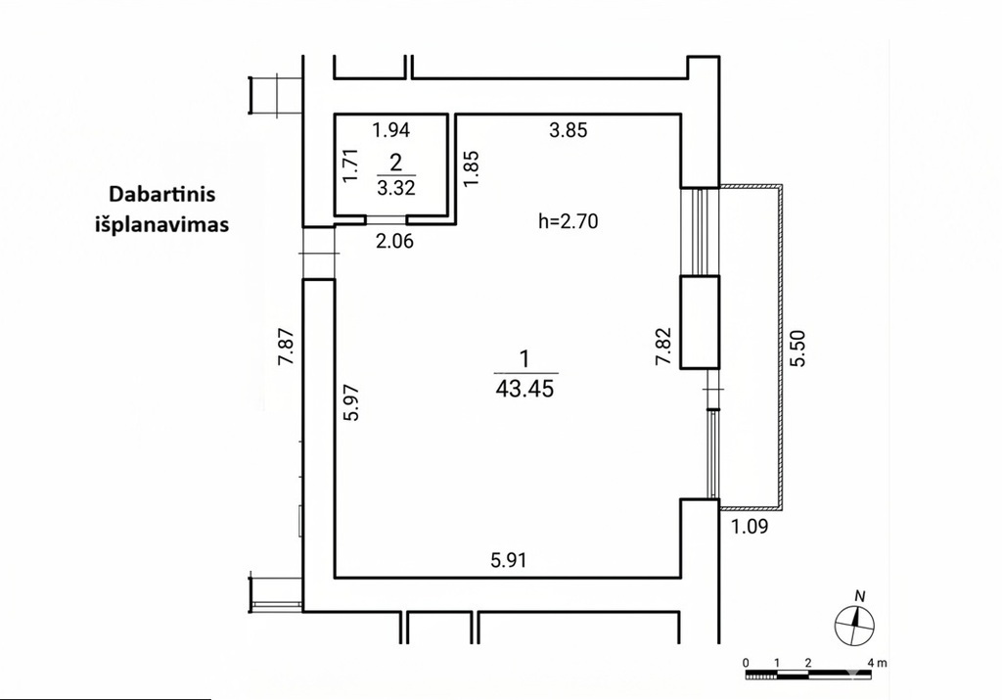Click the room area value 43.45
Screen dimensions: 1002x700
tap(524, 388)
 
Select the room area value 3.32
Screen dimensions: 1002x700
tap(396, 187)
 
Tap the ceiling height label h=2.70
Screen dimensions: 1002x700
tap(569, 221)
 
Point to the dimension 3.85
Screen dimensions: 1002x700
tap(569, 130)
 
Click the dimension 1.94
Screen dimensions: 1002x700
tap(391, 130)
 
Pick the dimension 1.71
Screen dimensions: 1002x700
tap(351, 165)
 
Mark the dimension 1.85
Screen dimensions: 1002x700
tap(471, 168)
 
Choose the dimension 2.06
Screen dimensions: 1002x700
tap(394, 241)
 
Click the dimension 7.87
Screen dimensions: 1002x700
tap(286, 346)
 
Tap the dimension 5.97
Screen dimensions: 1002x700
tap(352, 402)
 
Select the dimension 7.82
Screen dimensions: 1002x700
tap(664, 346)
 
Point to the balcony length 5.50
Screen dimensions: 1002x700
tap(798, 348)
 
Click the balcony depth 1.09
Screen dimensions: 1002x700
tap(749, 527)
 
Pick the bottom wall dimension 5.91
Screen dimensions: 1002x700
tap(509, 561)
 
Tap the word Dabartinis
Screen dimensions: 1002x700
tap(161, 194)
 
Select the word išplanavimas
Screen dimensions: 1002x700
tap(162, 225)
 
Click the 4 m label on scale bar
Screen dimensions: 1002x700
tap(878, 663)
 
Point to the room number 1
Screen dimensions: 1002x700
tap(525, 359)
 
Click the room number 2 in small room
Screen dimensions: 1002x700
tap(396, 163)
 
